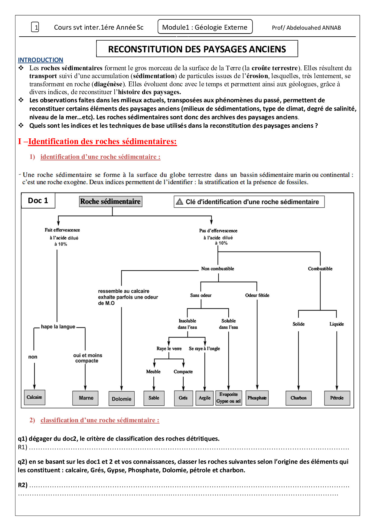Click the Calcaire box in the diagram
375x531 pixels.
coord(34,397)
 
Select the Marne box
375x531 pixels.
coord(86,398)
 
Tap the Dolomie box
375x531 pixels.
coord(122,399)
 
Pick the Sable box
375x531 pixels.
coord(154,398)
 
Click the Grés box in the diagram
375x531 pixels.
coord(183,398)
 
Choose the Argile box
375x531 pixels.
coord(205,398)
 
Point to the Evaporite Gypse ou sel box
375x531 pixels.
coord(229,398)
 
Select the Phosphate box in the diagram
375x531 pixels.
coord(257,398)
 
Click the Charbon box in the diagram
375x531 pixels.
coord(298,398)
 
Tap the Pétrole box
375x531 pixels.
coord(337,398)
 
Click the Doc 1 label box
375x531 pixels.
coord(38,200)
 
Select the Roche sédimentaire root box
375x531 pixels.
coord(111,201)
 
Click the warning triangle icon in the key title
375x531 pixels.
coord(180,202)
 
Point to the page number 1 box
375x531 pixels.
coord(35,28)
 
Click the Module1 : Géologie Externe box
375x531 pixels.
coord(205,27)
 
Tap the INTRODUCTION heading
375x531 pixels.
coord(41,60)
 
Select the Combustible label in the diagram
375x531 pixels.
coord(320,269)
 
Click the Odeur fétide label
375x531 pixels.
coord(257,295)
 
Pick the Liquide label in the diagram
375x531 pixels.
coord(337,324)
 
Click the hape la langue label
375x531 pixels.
coord(58,327)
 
